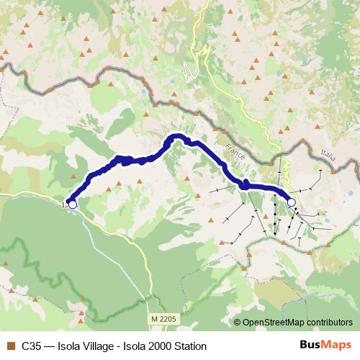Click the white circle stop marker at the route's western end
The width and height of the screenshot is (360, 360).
tap(72, 204)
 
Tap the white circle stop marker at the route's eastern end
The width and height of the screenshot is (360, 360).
tap(291, 203)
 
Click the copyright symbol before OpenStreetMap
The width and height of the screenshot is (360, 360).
tap(238, 323)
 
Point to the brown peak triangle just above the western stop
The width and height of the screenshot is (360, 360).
tap(74, 193)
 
